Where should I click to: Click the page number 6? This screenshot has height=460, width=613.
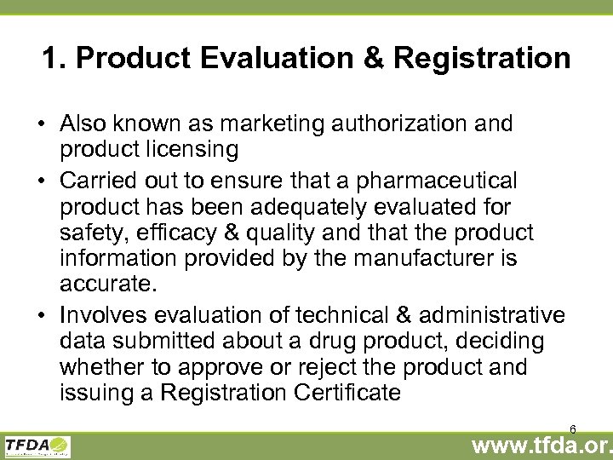coord(573,428)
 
